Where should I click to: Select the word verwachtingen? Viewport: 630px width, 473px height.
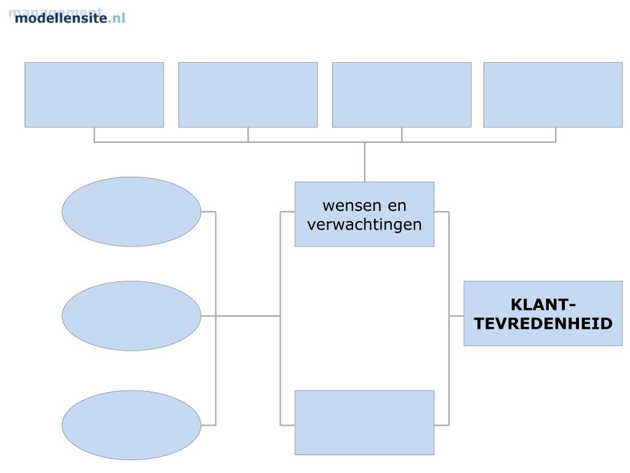pyautogui.click(x=364, y=224)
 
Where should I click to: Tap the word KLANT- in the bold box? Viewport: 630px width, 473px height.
pyautogui.click(x=543, y=305)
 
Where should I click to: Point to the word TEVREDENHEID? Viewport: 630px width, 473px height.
pyautogui.click(x=543, y=323)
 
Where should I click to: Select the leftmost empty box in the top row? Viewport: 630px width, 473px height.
pyautogui.click(x=94, y=95)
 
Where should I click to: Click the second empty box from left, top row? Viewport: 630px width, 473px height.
pyautogui.click(x=248, y=95)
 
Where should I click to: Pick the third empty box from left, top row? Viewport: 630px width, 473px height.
pyautogui.click(x=402, y=95)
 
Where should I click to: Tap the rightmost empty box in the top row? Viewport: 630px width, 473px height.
pyautogui.click(x=552, y=95)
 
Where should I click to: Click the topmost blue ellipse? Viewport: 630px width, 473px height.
pyautogui.click(x=131, y=212)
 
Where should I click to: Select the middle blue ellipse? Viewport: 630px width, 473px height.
pyautogui.click(x=131, y=316)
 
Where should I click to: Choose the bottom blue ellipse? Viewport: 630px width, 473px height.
pyautogui.click(x=131, y=425)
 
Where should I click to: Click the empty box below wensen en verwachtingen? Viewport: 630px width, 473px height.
pyautogui.click(x=364, y=422)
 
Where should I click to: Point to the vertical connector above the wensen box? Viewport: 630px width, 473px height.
pyautogui.click(x=364, y=162)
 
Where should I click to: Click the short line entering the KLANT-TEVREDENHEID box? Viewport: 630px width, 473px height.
pyautogui.click(x=456, y=316)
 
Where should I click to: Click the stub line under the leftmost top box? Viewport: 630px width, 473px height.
pyautogui.click(x=94, y=135)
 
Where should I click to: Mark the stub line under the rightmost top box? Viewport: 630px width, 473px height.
pyautogui.click(x=556, y=135)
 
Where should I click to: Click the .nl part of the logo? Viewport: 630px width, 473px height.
pyautogui.click(x=117, y=18)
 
